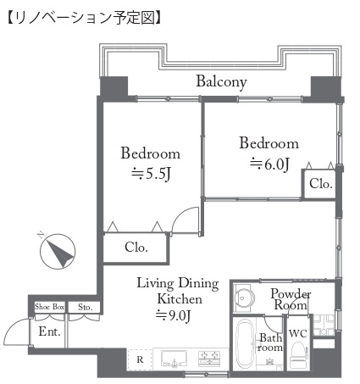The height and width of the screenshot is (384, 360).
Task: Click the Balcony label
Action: pyautogui.click(x=221, y=82)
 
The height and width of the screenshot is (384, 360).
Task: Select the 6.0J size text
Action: pyautogui.click(x=269, y=164)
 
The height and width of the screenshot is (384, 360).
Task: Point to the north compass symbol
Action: pyautogui.click(x=58, y=251)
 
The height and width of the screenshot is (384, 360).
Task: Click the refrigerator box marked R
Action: pyautogui.click(x=140, y=359)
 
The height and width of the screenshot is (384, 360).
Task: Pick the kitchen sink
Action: pyautogui.click(x=174, y=359)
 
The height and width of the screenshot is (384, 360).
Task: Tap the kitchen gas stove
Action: pyautogui.click(x=209, y=359)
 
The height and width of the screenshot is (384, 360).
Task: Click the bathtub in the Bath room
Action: pyautogui.click(x=245, y=344)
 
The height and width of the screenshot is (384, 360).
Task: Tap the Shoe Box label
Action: pyautogui.click(x=49, y=307)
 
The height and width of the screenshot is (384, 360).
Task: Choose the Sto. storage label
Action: pyautogui.click(x=86, y=307)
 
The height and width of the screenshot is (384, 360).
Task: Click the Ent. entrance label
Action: pyautogui.click(x=50, y=331)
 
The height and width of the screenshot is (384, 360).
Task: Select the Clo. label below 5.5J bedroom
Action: pyautogui.click(x=136, y=248)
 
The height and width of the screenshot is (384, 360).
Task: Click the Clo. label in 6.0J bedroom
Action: pyautogui.click(x=321, y=184)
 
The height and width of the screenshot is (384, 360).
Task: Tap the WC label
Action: pyautogui.click(x=298, y=334)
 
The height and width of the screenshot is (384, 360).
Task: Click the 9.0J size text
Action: pyautogui.click(x=174, y=315)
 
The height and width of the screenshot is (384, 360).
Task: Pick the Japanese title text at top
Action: pyautogui.click(x=84, y=18)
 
